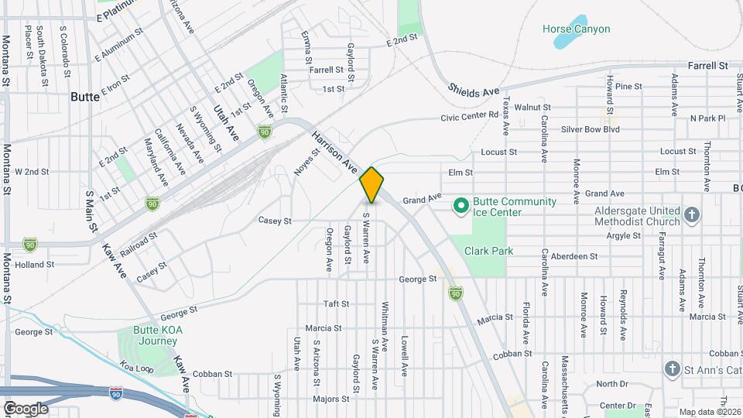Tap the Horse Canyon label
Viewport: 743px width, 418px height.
[576, 29]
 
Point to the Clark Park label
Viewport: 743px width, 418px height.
[489, 251]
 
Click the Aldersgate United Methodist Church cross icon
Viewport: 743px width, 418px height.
[692, 214]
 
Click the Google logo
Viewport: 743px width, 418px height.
[25, 409]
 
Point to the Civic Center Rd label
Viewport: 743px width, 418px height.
[469, 117]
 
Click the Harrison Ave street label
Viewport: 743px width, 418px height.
[334, 152]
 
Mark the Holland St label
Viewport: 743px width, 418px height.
[35, 264]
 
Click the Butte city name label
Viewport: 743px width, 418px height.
[84, 98]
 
